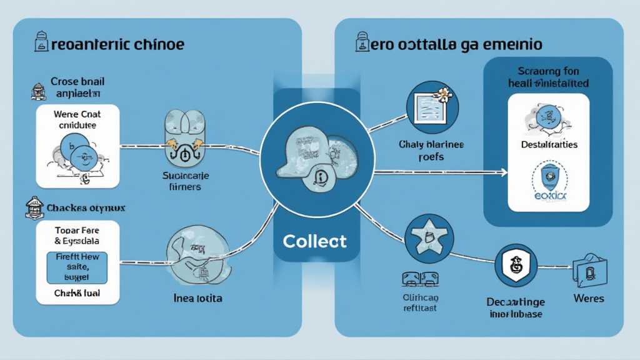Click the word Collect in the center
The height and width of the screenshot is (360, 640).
[x=314, y=241]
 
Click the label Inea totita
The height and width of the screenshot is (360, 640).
[x=197, y=298]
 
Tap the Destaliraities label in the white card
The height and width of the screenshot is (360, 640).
[x=549, y=144]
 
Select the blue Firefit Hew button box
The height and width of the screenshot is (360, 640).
[x=77, y=267]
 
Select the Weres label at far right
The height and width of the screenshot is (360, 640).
[x=588, y=298]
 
